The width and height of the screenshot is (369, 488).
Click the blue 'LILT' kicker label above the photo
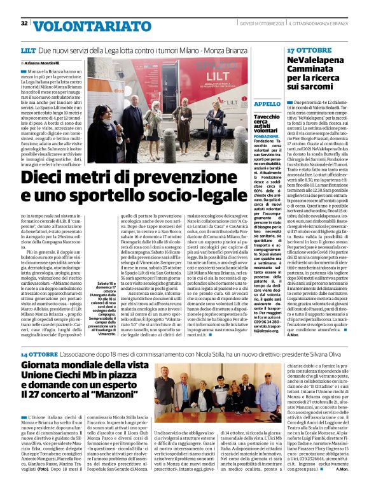28,49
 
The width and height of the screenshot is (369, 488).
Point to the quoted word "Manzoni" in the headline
144,390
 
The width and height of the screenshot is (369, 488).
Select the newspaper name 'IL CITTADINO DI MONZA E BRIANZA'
318,24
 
